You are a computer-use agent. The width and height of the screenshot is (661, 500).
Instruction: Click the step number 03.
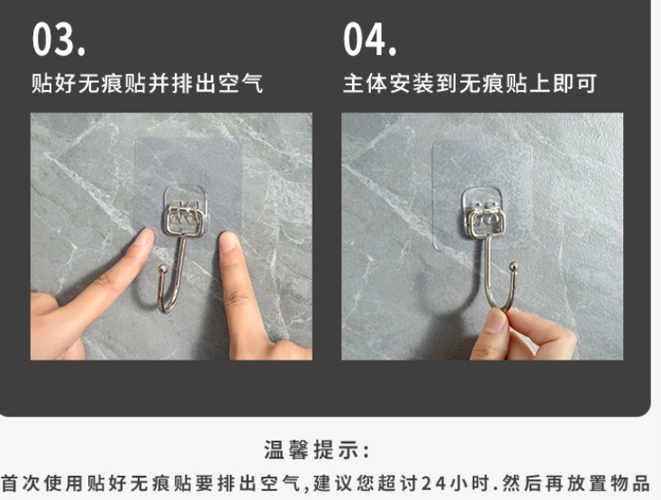[59, 40]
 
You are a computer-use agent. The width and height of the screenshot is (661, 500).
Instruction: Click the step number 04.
[370, 40]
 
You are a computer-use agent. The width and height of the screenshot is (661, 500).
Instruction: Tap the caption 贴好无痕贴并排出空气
[148, 83]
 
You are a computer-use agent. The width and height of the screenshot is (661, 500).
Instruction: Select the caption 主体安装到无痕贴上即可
[469, 83]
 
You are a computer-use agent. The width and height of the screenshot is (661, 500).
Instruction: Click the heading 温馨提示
[317, 450]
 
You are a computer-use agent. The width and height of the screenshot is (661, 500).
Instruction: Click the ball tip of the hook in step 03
[162, 269]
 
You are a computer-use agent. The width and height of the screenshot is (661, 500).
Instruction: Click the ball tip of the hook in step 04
[513, 266]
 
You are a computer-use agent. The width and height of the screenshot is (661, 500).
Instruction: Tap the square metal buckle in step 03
[185, 220]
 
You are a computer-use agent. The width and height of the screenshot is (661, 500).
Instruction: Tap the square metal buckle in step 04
[487, 223]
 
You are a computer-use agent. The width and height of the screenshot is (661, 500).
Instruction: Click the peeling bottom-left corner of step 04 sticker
[437, 246]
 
